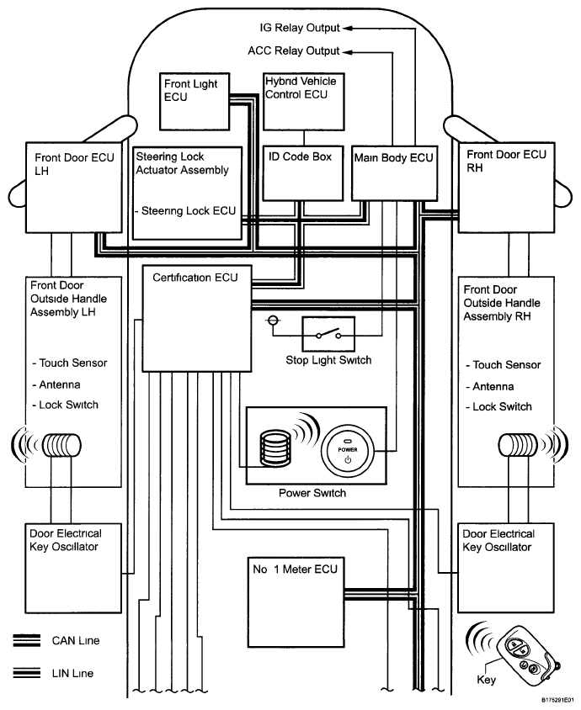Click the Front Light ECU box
coord(194,101)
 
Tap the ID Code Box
coord(301,174)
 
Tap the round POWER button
coord(349,448)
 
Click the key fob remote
coord(525,657)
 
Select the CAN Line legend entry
coord(76,641)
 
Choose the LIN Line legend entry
coord(75,673)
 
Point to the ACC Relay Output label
coord(294,50)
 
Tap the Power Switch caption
coord(312,493)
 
